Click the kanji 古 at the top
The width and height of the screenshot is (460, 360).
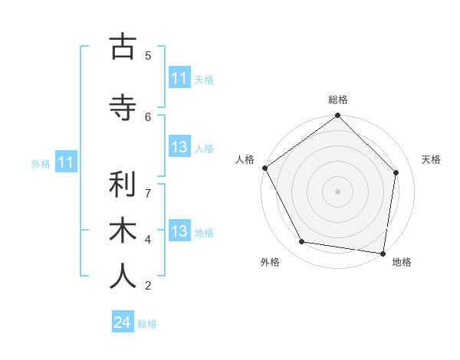pos(123,47)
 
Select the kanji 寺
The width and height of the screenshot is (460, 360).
pos(123,108)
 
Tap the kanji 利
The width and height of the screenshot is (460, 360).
pos(123,185)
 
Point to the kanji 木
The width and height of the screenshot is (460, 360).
pos(123,231)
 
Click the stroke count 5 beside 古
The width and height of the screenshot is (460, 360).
pos(148,55)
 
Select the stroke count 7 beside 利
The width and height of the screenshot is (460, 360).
pos(148,192)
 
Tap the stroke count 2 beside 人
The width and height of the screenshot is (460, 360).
pos(148,286)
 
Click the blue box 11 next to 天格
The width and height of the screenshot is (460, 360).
pos(179,78)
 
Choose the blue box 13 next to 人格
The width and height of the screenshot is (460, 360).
pos(179,148)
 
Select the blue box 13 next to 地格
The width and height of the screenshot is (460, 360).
pos(179,232)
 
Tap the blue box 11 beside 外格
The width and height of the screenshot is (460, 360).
pos(66,162)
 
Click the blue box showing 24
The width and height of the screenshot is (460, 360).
pos(123,322)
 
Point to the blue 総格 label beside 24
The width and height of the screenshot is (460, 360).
pos(147,323)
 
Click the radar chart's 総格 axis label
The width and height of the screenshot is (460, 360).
pos(338,100)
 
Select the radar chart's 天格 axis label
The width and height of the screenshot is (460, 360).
pos(431,159)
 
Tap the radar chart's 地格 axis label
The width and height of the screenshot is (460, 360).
pos(402,262)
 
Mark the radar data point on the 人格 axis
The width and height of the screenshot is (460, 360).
pos(265,168)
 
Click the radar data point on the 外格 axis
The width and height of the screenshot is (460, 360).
pos(302,242)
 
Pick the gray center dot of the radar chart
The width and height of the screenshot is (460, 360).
pos(338,191)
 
